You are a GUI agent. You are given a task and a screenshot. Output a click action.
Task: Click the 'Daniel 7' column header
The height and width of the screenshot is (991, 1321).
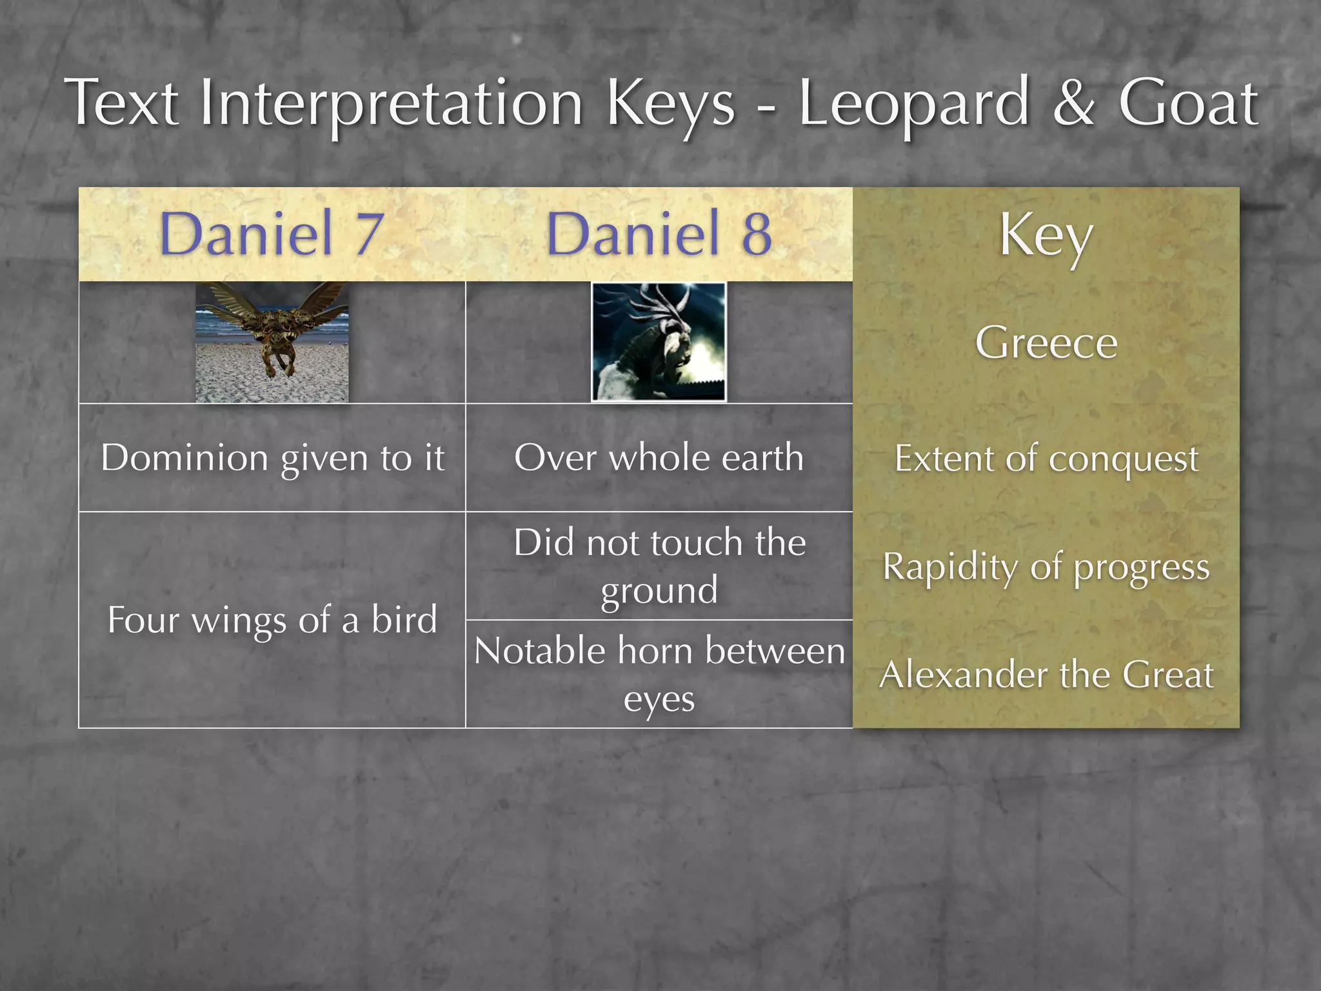[272, 234]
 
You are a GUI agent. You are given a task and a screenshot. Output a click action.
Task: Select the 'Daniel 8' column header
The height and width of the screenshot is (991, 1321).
[659, 234]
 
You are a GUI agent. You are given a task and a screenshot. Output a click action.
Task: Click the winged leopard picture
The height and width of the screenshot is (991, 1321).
[272, 342]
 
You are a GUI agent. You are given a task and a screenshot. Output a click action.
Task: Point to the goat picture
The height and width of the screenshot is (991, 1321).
[659, 342]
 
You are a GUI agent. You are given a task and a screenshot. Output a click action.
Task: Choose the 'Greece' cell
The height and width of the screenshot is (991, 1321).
[1046, 342]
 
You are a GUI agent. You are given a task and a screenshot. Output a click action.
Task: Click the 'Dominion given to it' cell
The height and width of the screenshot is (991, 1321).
[272, 458]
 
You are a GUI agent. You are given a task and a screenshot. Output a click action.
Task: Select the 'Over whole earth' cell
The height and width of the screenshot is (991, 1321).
[659, 458]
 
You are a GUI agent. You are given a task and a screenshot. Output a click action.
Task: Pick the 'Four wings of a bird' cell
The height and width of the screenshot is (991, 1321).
[272, 620]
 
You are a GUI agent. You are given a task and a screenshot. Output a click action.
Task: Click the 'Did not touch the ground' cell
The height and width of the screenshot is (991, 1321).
[659, 566]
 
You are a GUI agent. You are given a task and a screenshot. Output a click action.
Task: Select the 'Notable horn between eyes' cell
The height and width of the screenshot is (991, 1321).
[659, 674]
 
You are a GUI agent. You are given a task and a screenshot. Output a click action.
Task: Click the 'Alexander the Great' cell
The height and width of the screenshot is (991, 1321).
[1046, 675]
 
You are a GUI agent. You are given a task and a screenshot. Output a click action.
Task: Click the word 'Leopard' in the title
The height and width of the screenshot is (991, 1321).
[913, 103]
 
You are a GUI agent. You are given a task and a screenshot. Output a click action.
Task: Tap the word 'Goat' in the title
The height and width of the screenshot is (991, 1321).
[1187, 103]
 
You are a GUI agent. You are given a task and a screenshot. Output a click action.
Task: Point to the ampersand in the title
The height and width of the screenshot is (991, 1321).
[1073, 103]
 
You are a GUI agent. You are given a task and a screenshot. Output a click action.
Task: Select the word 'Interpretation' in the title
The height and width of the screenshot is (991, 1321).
[392, 103]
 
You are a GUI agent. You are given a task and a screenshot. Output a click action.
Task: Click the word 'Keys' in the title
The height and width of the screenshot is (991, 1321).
[671, 103]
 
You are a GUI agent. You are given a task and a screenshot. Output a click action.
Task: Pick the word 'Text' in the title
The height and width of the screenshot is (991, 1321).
[123, 103]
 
